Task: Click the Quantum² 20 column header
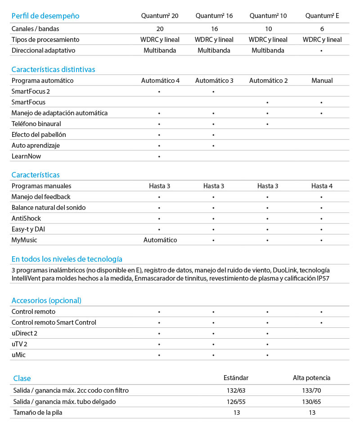(160, 16)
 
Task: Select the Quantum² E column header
(322, 16)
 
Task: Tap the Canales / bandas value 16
(214, 28)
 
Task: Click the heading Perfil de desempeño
(45, 16)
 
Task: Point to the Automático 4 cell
(160, 81)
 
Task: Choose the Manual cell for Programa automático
(322, 81)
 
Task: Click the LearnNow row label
(27, 156)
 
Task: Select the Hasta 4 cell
(322, 186)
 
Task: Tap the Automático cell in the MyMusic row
(160, 240)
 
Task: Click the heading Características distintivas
(53, 69)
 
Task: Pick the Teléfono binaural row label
(36, 124)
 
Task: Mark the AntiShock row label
(26, 218)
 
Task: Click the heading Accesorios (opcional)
(46, 300)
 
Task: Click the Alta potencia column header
(311, 378)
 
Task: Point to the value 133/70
(312, 390)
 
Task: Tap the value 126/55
(236, 401)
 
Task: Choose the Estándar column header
(236, 378)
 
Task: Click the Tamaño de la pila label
(37, 412)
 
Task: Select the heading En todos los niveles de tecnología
(67, 259)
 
